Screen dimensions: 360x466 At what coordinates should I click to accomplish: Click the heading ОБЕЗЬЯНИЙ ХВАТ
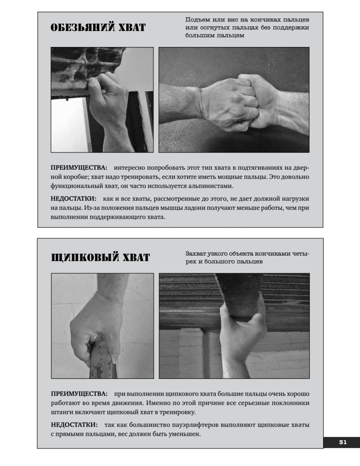pyautogui.click(x=98, y=28)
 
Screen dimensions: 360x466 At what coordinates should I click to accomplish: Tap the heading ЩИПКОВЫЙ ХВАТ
pyautogui.click(x=100, y=257)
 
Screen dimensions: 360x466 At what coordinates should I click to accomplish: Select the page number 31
pyautogui.click(x=343, y=442)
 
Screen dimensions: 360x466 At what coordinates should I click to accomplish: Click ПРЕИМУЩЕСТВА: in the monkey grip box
pyautogui.click(x=79, y=168)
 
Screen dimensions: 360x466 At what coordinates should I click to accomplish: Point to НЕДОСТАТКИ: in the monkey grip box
pyautogui.click(x=73, y=198)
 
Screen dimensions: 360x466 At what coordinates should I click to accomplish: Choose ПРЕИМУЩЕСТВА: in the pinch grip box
pyautogui.click(x=79, y=394)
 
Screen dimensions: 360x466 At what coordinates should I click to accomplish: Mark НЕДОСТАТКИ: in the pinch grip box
pyautogui.click(x=74, y=424)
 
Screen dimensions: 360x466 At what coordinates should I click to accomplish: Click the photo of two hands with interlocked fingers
pyautogui.click(x=234, y=100)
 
